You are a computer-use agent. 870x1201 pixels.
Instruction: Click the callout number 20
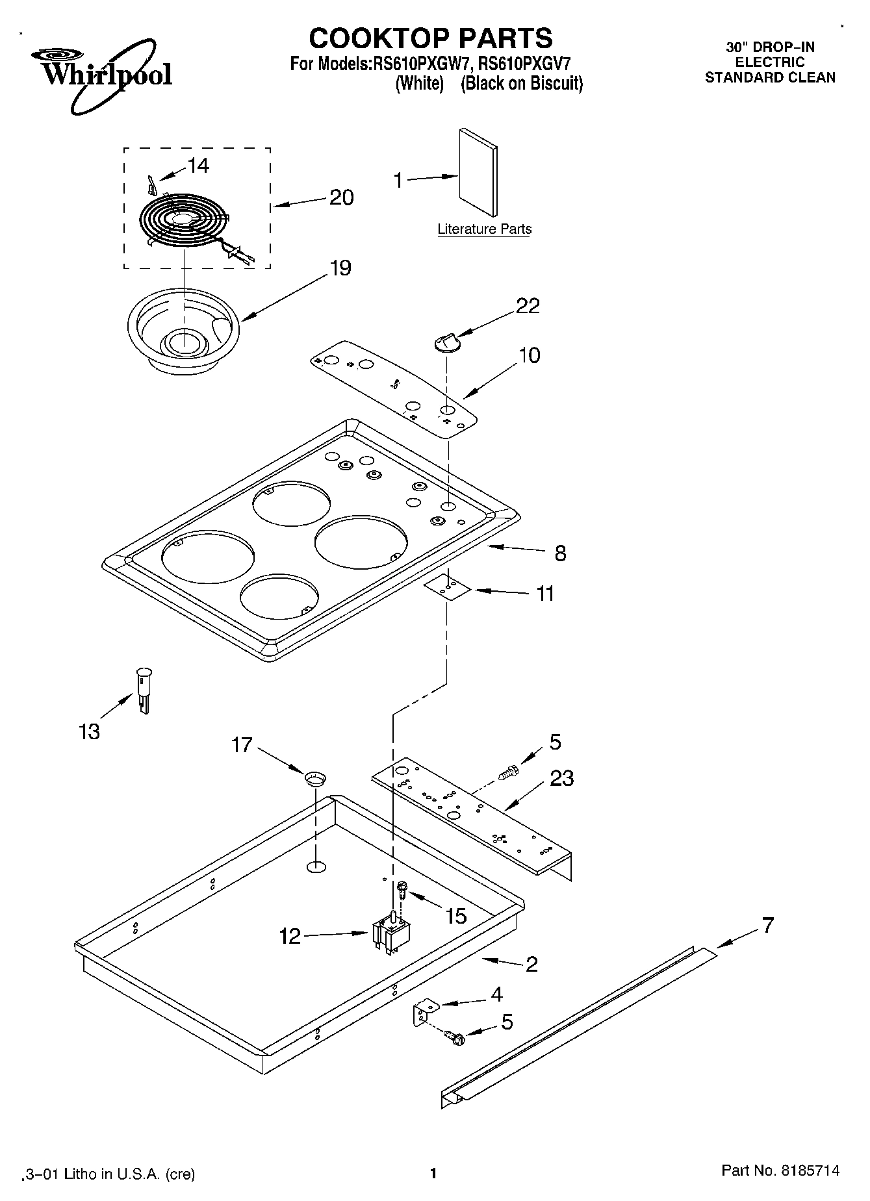pyautogui.click(x=341, y=197)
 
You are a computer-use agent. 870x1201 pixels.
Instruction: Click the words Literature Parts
pyautogui.click(x=484, y=229)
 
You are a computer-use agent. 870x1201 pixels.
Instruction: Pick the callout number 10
pyautogui.click(x=530, y=356)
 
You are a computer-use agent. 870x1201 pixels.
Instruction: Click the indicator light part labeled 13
pyautogui.click(x=144, y=690)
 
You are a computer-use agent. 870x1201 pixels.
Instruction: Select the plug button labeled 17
pyautogui.click(x=315, y=777)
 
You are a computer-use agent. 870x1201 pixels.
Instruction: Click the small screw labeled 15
pyautogui.click(x=402, y=887)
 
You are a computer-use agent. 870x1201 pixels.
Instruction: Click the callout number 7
pyautogui.click(x=768, y=925)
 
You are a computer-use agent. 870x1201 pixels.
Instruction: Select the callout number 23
pyautogui.click(x=561, y=778)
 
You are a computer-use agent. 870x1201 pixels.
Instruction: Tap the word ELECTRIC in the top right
pyautogui.click(x=770, y=62)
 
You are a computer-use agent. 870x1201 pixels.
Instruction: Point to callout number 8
pyautogui.click(x=560, y=553)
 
